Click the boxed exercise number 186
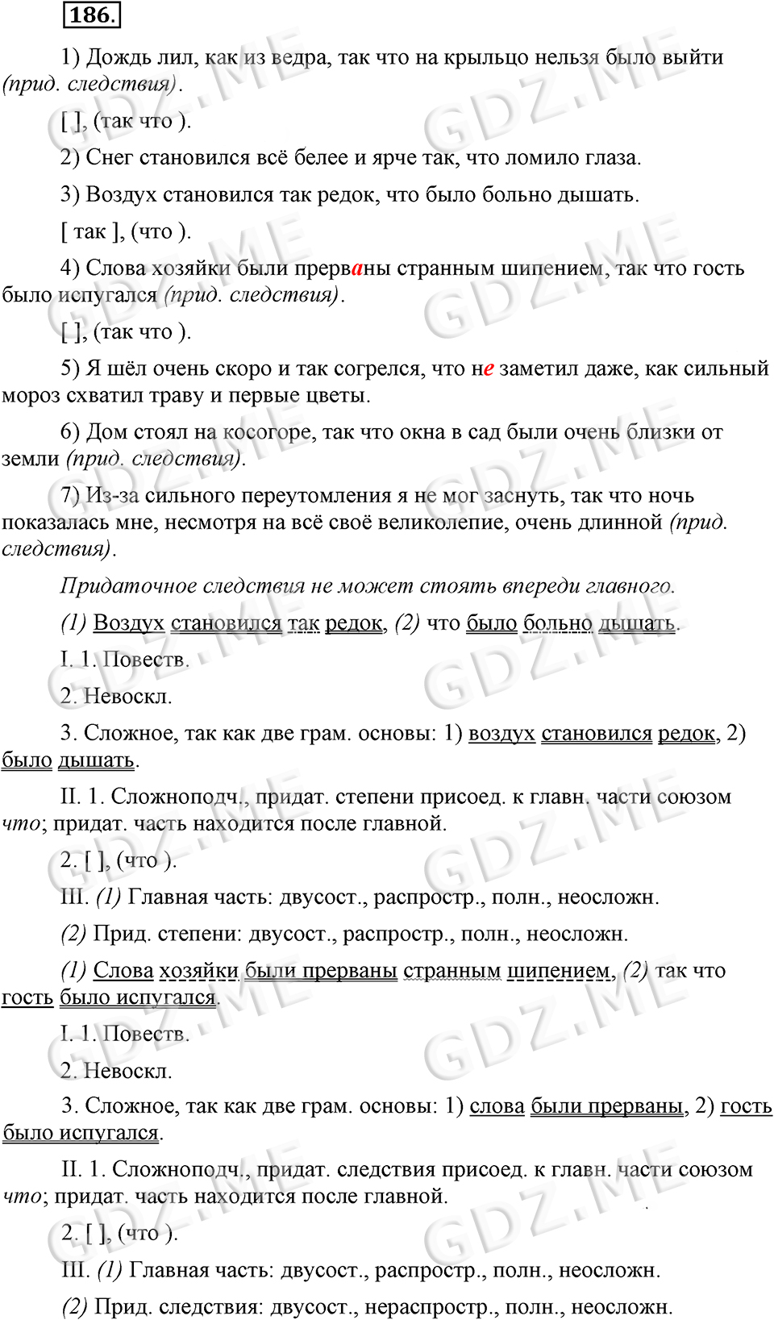tap(90, 15)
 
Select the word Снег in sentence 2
tap(110, 158)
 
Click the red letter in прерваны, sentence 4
tap(357, 269)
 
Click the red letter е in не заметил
tap(488, 369)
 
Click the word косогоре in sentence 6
tap(267, 432)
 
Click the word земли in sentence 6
tap(31, 459)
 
